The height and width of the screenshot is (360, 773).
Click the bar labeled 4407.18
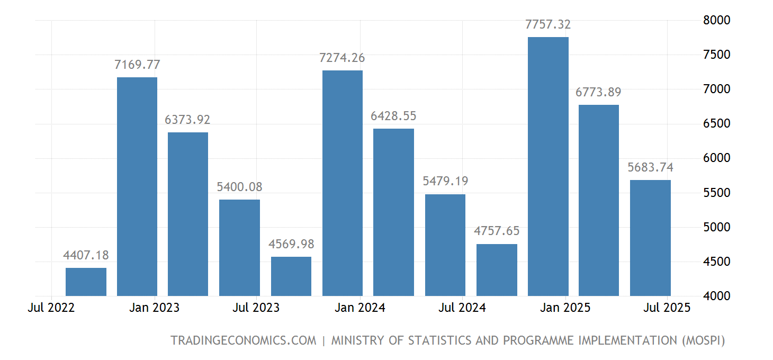pos(86,282)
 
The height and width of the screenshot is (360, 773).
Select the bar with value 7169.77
pos(137,186)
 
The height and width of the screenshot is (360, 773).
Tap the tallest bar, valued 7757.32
pos(548,166)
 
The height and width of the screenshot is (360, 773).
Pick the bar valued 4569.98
pos(291,276)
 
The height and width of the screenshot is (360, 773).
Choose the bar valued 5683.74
pos(650,238)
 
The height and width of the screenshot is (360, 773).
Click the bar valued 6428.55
pos(393,212)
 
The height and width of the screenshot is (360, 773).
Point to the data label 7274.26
pos(342,58)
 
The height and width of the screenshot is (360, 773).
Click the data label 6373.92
pos(187,120)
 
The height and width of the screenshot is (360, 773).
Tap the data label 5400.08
pos(239,187)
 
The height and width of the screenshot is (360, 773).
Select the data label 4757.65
pos(497,231)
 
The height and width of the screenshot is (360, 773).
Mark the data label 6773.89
pos(598,93)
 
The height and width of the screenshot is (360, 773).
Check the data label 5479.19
pos(445,182)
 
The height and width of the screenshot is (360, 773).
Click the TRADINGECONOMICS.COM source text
pos(243,340)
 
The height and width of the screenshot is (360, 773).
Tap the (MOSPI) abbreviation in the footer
pos(702,340)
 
